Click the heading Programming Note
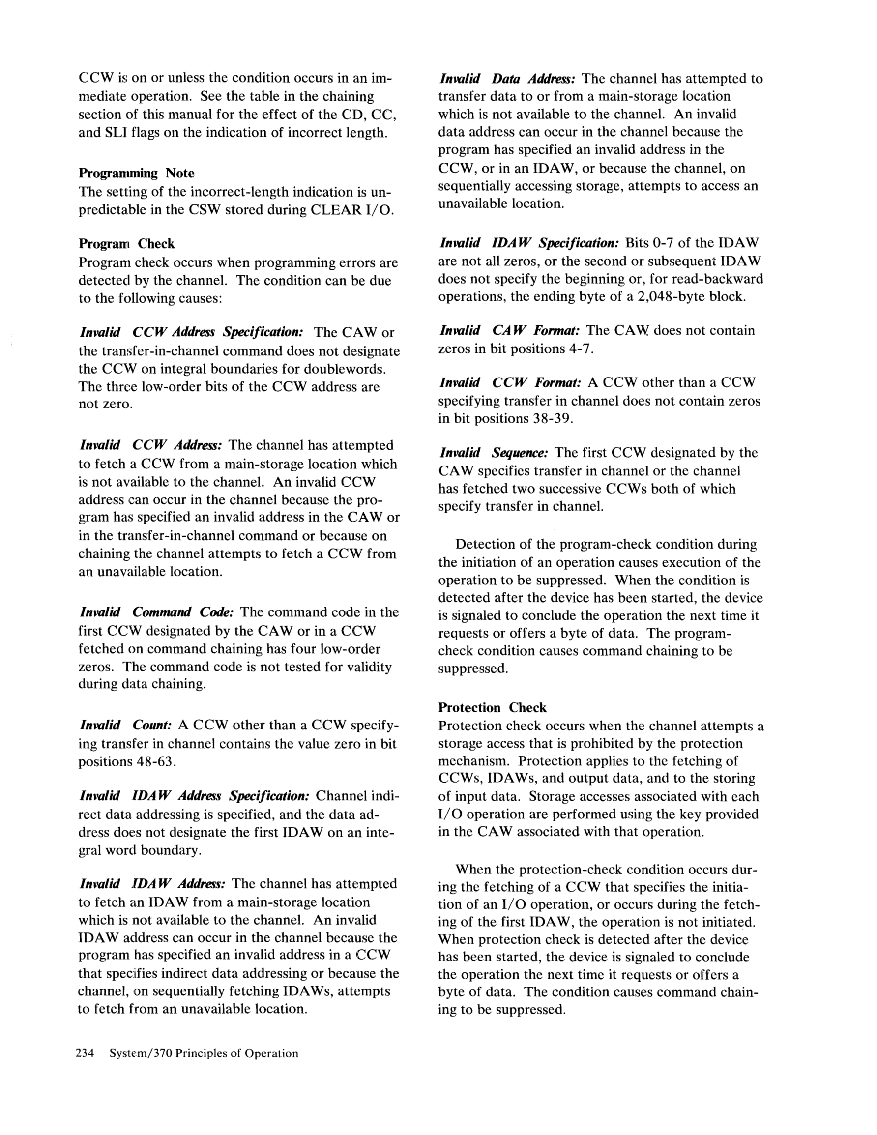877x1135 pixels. [x=136, y=173]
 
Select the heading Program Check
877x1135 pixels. [x=126, y=244]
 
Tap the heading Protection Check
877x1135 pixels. [x=492, y=707]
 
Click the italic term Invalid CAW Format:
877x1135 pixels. [x=510, y=330]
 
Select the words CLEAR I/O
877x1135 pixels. [x=349, y=210]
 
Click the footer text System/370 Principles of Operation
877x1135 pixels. [x=204, y=1053]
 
